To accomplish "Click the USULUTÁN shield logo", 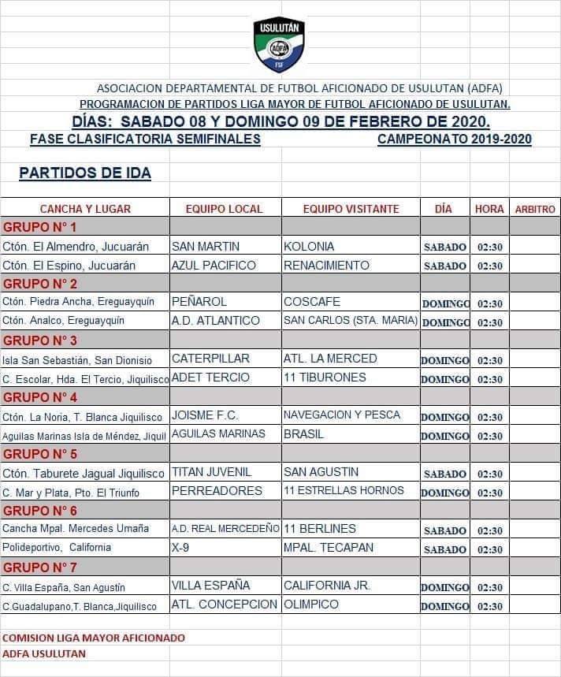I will click(x=278, y=45).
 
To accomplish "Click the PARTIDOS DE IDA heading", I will click(x=85, y=173).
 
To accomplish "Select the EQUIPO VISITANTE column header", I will click(x=351, y=209).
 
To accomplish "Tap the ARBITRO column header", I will click(x=535, y=210).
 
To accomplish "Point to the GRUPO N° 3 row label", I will click(x=40, y=340).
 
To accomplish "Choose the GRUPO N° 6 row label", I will click(x=40, y=510).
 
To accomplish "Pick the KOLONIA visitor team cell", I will click(x=309, y=247).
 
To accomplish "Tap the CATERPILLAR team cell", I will click(x=210, y=359).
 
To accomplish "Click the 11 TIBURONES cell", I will click(x=325, y=378).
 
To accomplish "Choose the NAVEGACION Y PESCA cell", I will click(x=342, y=415).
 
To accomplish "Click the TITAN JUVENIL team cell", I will click(x=211, y=472).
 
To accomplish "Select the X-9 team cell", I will click(x=182, y=548).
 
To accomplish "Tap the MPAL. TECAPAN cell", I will click(x=329, y=548).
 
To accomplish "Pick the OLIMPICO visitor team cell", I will click(x=311, y=604).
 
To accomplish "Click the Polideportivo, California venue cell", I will click(x=57, y=548).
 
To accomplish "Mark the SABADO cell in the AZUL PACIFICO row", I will click(x=445, y=266).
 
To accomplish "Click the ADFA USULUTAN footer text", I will click(x=44, y=653).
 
